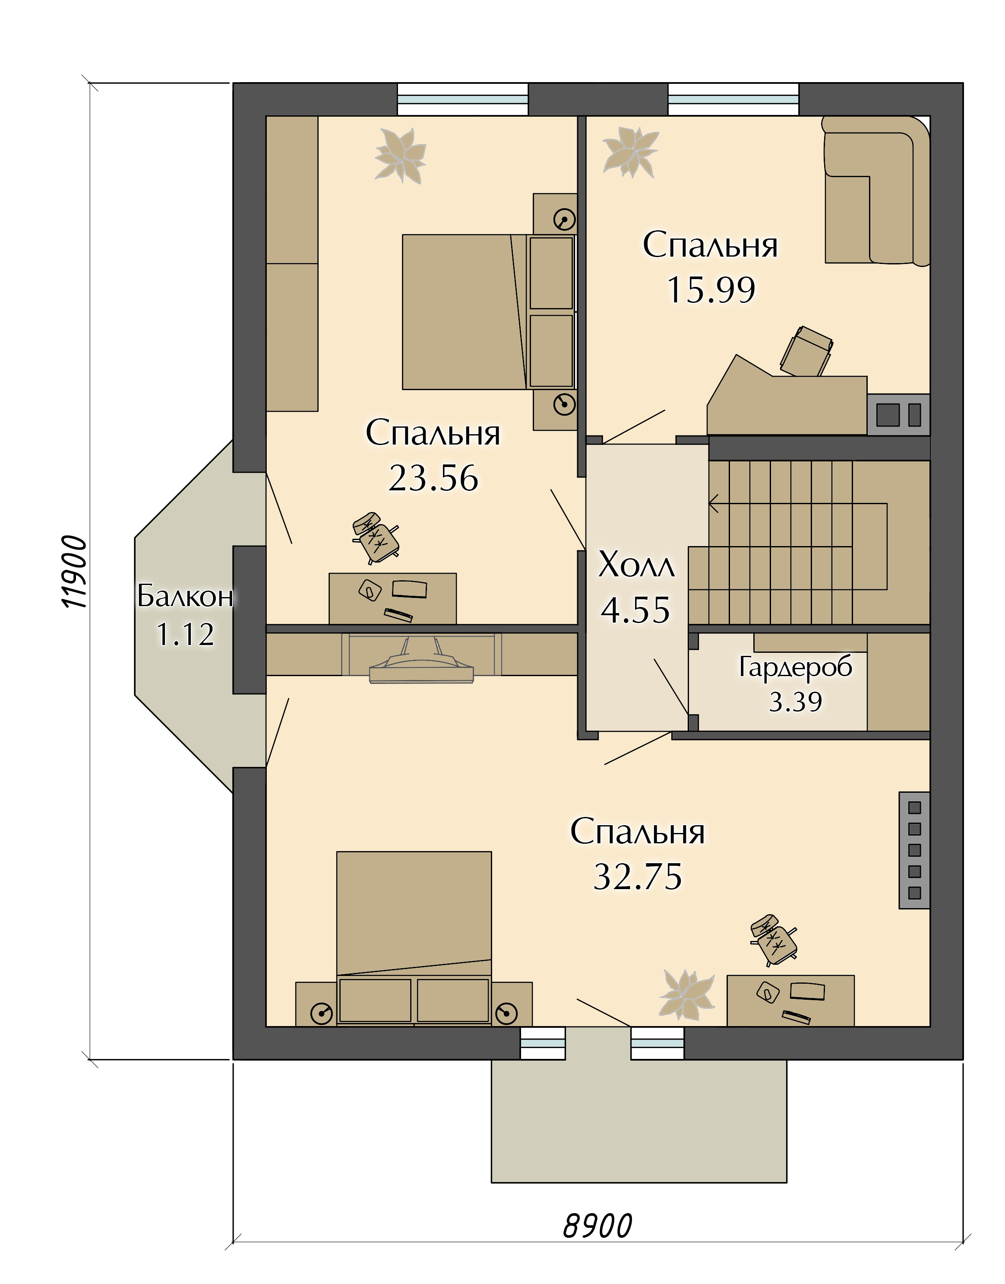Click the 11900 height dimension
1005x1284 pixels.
click(x=75, y=572)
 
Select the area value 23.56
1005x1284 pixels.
click(x=433, y=477)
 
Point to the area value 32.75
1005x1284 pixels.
click(x=638, y=877)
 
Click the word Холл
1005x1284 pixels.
click(x=636, y=564)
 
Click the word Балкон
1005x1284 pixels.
click(x=185, y=596)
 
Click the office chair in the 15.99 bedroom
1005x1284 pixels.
click(x=806, y=351)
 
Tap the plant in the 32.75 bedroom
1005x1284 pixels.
click(x=687, y=995)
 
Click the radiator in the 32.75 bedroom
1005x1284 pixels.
click(x=914, y=850)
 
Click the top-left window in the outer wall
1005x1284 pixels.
click(x=462, y=99)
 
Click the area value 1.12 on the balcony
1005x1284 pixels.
click(x=185, y=635)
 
